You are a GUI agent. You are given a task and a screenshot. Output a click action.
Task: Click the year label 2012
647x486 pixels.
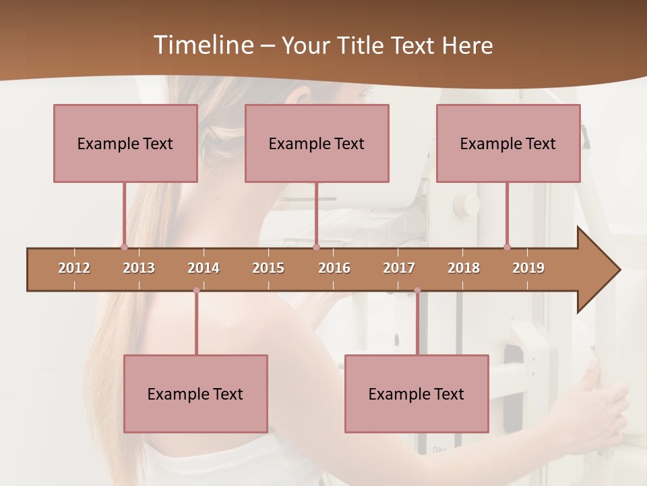[x=74, y=268]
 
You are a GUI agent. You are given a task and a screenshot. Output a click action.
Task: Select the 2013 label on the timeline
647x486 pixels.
[x=139, y=268]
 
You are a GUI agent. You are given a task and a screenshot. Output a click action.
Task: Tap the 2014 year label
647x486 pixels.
[x=204, y=268]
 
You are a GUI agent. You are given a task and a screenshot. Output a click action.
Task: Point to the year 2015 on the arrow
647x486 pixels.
[x=268, y=268]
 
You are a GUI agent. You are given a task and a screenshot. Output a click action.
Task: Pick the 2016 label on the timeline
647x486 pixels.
[x=334, y=268]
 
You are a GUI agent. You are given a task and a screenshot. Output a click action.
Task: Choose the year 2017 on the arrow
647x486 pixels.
[x=399, y=268]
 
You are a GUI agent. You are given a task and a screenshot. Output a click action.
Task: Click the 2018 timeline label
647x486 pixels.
[x=464, y=268]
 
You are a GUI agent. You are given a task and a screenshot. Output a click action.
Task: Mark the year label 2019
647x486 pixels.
[x=528, y=268]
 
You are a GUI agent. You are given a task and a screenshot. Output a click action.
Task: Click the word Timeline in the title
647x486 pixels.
[x=203, y=45]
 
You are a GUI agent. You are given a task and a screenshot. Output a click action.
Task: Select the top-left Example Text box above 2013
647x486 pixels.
[x=125, y=143]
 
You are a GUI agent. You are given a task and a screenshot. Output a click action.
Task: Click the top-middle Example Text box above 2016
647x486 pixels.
[x=317, y=143]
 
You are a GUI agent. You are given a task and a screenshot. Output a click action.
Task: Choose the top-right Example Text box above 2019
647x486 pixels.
[x=508, y=143]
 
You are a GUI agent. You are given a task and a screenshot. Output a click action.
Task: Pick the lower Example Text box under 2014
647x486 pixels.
[x=195, y=394]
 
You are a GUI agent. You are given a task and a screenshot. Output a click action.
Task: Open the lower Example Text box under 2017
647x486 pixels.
[x=417, y=394]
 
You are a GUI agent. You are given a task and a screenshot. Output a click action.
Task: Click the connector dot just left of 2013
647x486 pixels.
[x=124, y=247]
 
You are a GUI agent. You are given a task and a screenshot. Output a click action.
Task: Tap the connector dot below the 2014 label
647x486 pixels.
[x=196, y=290]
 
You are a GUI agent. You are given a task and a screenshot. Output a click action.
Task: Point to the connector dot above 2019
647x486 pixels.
[x=507, y=247]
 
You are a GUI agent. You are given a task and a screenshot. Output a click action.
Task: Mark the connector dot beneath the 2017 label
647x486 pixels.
[x=417, y=290]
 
